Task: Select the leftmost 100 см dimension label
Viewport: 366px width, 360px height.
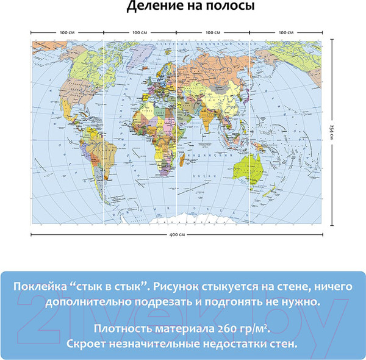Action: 67,31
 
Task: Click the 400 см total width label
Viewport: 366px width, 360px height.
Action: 177,234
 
